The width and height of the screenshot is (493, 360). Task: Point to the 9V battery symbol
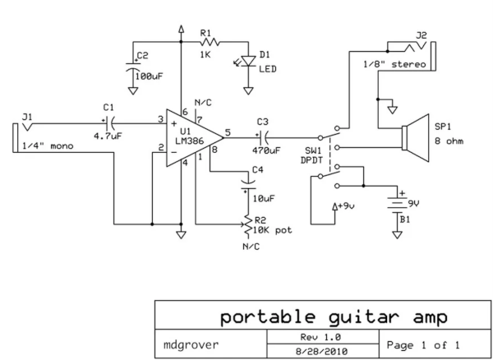(398, 200)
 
